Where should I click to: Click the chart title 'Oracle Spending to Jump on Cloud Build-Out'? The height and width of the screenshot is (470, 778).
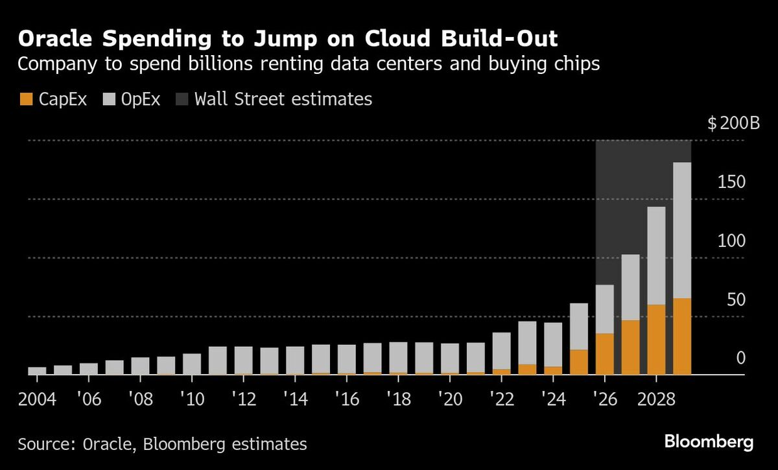(288, 39)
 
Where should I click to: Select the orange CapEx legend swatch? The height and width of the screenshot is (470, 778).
(25, 99)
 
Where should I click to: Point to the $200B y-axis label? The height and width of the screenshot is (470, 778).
(734, 123)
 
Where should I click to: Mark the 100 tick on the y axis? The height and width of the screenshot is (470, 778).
(732, 241)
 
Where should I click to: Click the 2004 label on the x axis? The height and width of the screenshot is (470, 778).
(38, 396)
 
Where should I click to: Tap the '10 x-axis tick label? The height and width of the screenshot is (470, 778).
(192, 396)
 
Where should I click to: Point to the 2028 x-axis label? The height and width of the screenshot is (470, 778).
(656, 396)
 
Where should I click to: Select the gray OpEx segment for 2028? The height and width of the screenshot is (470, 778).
(656, 255)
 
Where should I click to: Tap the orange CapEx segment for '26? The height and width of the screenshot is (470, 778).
(605, 353)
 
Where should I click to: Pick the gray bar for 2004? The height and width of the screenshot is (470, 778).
(37, 371)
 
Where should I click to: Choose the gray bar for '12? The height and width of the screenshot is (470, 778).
(244, 360)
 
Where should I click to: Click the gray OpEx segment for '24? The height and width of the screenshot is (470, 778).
(553, 344)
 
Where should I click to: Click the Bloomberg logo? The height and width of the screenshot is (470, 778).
(709, 443)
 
